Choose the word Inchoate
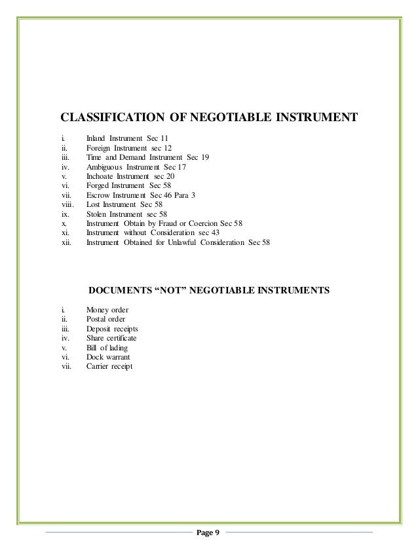[x=100, y=177]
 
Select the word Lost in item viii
[x=93, y=204]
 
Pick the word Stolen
[x=97, y=214]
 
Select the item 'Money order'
[x=107, y=309]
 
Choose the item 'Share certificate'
[x=111, y=338]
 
